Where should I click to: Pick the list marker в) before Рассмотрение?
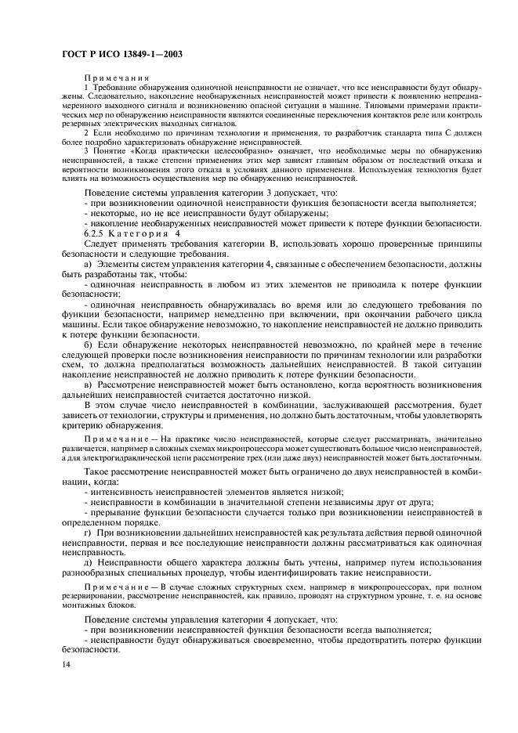click(89, 385)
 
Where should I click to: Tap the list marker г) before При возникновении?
click(89, 531)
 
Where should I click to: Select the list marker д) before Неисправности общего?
click(89, 561)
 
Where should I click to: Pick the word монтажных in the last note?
click(83, 604)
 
